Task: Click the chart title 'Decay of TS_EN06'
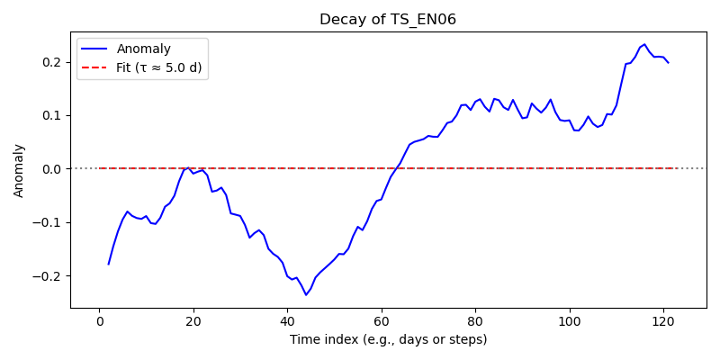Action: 388,20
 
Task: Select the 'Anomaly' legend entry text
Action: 144,49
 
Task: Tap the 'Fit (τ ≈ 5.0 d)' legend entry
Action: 159,68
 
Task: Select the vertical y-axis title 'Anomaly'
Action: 18,170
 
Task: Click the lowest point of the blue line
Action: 306,295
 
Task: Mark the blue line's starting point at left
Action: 108,265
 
